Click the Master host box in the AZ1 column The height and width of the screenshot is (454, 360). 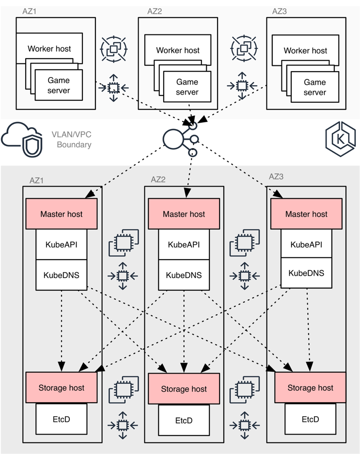click(62, 214)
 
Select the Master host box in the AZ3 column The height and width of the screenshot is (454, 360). click(306, 214)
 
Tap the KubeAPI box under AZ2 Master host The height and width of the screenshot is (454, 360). click(184, 245)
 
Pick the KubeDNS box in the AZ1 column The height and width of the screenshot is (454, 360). click(62, 275)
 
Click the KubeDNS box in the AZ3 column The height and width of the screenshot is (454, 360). click(306, 273)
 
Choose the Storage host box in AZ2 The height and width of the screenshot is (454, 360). click(184, 389)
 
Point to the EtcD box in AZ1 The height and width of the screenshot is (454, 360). click(62, 419)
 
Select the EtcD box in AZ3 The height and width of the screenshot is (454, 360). click(310, 419)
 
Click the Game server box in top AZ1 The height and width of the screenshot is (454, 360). click(59, 85)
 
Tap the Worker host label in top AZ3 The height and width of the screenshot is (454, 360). click(305, 50)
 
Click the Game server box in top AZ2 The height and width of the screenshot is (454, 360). click(187, 87)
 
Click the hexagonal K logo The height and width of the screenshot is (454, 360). click(341, 137)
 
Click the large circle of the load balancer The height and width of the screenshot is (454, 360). click(172, 139)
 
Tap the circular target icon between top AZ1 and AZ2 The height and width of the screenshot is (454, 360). click(113, 48)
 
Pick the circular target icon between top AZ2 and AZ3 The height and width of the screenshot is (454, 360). click(241, 48)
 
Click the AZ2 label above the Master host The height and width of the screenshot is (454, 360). click(158, 179)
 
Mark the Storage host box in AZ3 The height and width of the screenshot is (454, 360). click(310, 388)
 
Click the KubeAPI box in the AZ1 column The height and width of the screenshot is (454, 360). click(62, 245)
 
